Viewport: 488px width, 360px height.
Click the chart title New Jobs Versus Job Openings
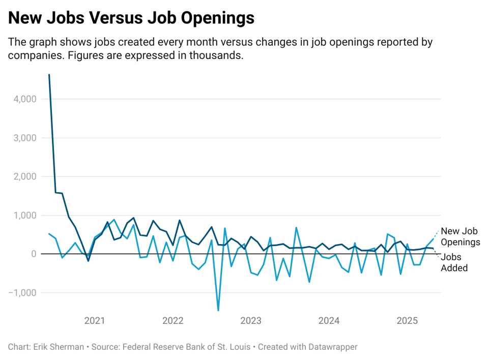click(x=131, y=18)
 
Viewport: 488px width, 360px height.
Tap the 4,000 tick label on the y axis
click(x=22, y=99)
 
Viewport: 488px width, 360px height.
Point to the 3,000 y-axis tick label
click(x=22, y=138)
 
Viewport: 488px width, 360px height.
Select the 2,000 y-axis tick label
click(x=22, y=176)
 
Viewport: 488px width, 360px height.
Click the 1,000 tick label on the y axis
click(x=22, y=215)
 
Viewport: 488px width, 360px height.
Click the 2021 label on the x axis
click(x=95, y=321)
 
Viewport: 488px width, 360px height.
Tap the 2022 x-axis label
click(x=173, y=321)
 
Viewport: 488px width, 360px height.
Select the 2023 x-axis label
click(x=251, y=321)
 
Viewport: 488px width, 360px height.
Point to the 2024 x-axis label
click(x=329, y=321)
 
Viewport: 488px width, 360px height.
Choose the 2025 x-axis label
click(x=408, y=321)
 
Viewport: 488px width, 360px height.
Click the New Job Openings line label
click(x=460, y=236)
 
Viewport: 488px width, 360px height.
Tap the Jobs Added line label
click(x=454, y=262)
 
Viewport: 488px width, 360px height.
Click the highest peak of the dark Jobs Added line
click(x=49, y=75)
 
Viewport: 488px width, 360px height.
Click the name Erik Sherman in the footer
click(x=59, y=347)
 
